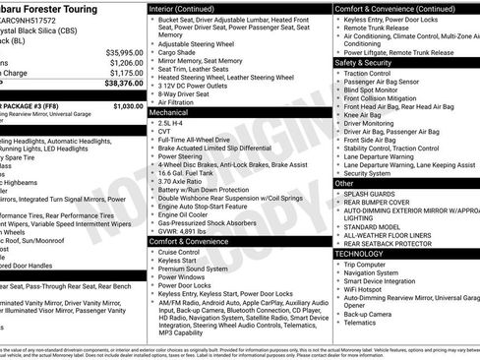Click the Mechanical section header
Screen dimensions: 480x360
[169, 113]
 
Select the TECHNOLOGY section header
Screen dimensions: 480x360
[359, 253]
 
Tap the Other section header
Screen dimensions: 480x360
[344, 183]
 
